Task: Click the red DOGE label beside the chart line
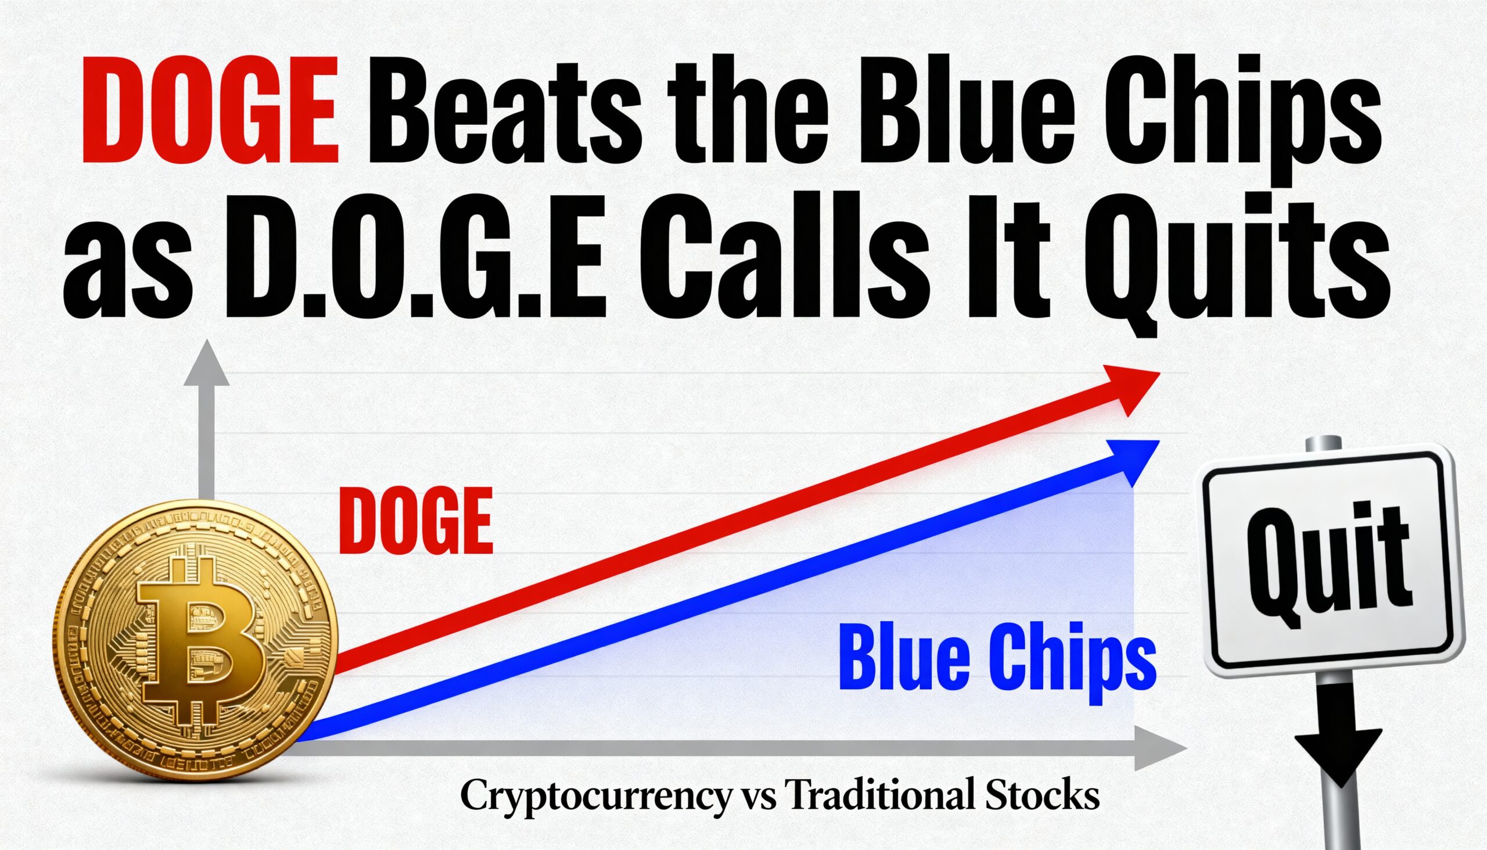click(416, 521)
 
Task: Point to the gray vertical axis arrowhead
click(206, 363)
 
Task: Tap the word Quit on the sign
click(1328, 566)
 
